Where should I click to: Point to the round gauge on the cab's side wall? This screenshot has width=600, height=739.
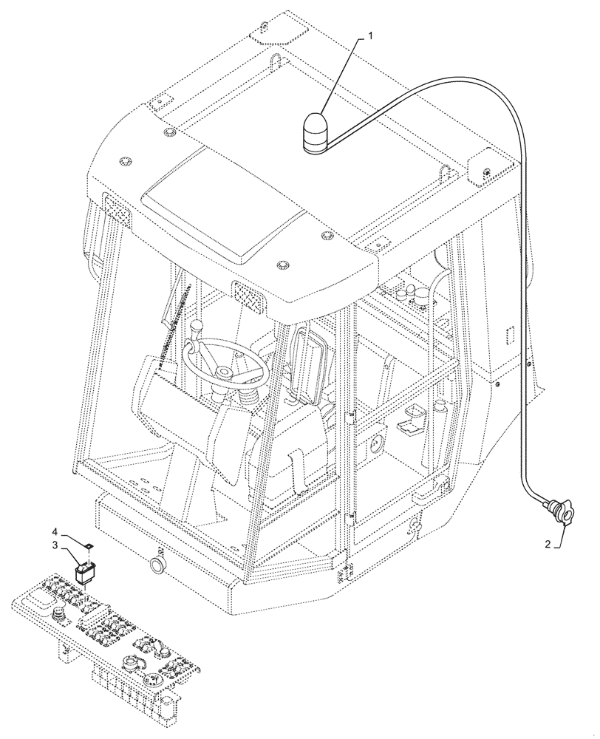tap(375, 445)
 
